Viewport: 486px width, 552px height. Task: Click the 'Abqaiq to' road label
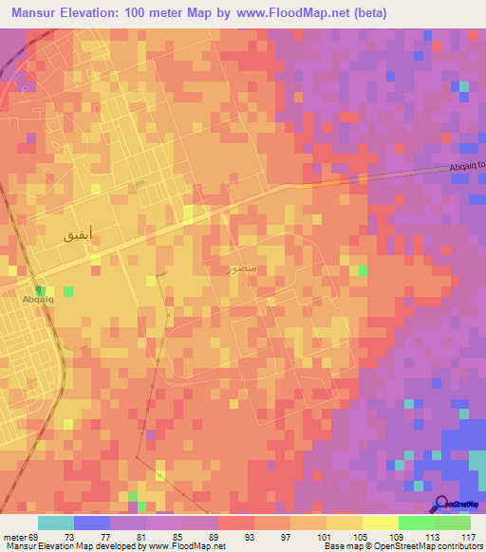coord(466,166)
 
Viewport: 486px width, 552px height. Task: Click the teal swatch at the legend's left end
coord(56,523)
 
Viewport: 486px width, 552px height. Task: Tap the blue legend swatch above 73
coord(92,523)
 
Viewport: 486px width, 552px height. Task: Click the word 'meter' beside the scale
coord(15,536)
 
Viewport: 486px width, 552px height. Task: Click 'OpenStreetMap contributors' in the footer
coord(424,546)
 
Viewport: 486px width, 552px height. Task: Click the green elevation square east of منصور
coord(364,271)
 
